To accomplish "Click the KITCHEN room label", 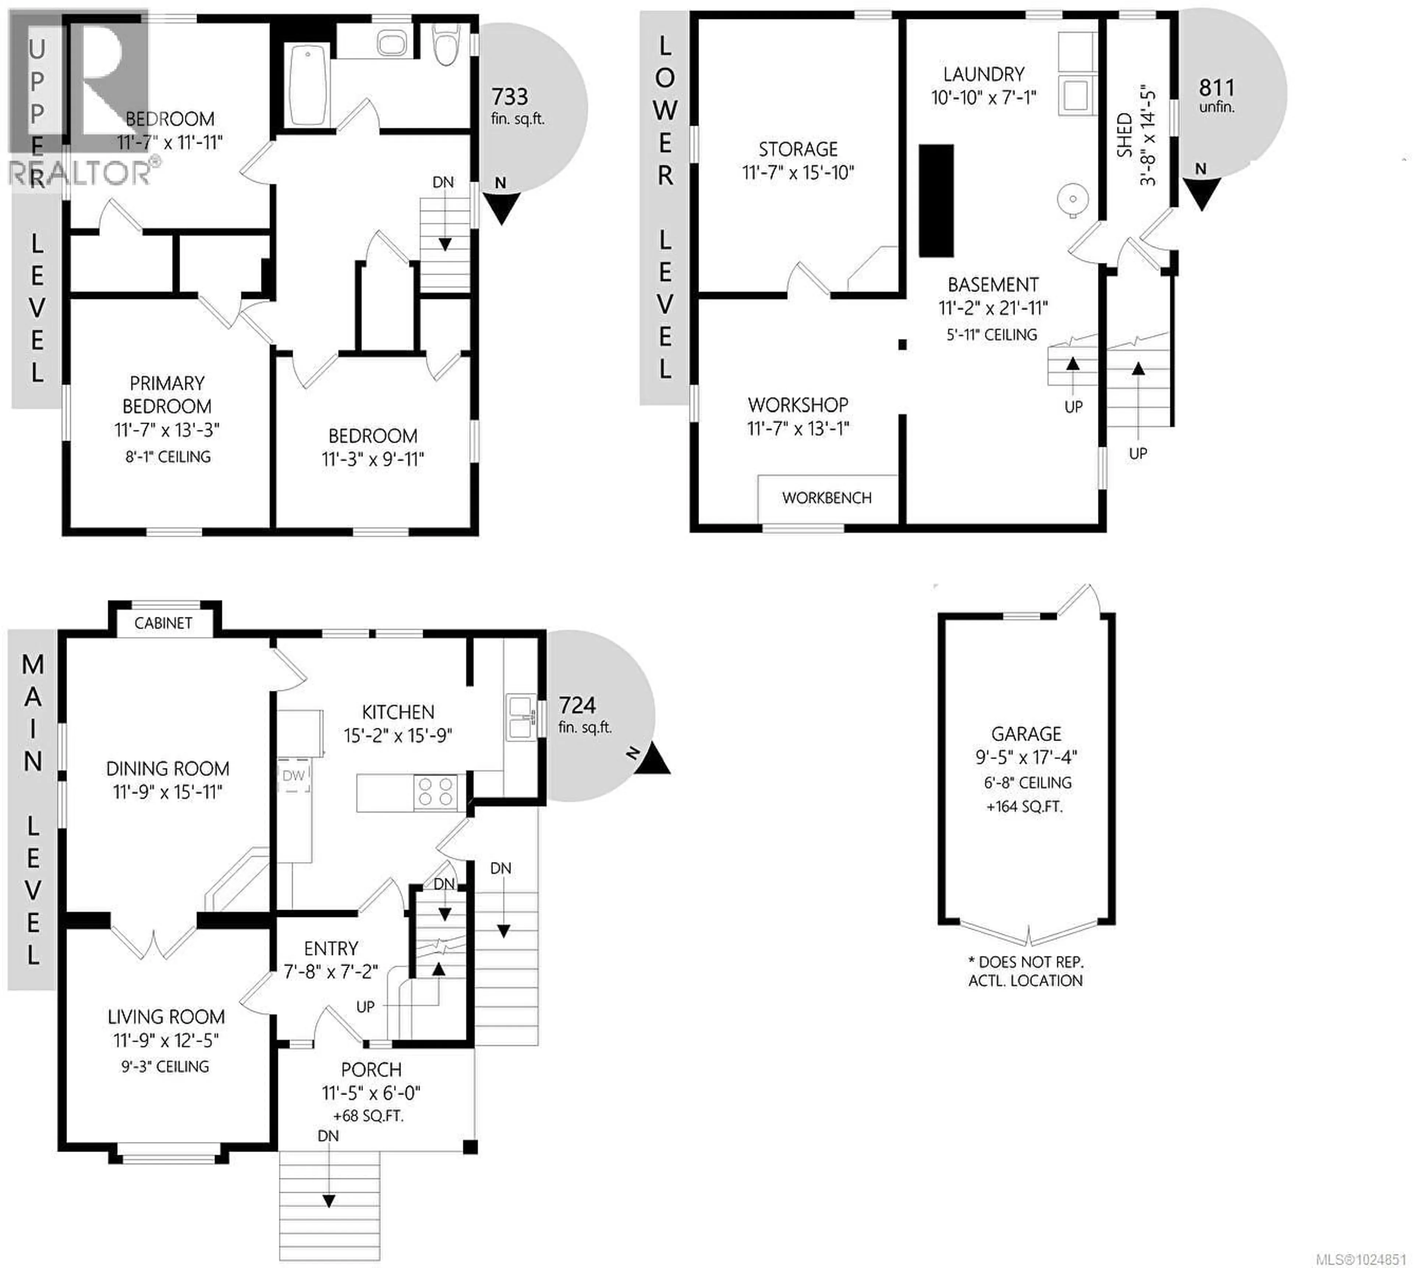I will tap(398, 712).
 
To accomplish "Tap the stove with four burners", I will tap(435, 792).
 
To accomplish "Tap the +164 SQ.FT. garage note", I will tap(1024, 807).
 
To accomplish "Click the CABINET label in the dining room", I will tap(163, 623).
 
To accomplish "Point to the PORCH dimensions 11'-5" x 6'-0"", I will tap(371, 1093).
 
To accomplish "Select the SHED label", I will tap(1124, 135).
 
